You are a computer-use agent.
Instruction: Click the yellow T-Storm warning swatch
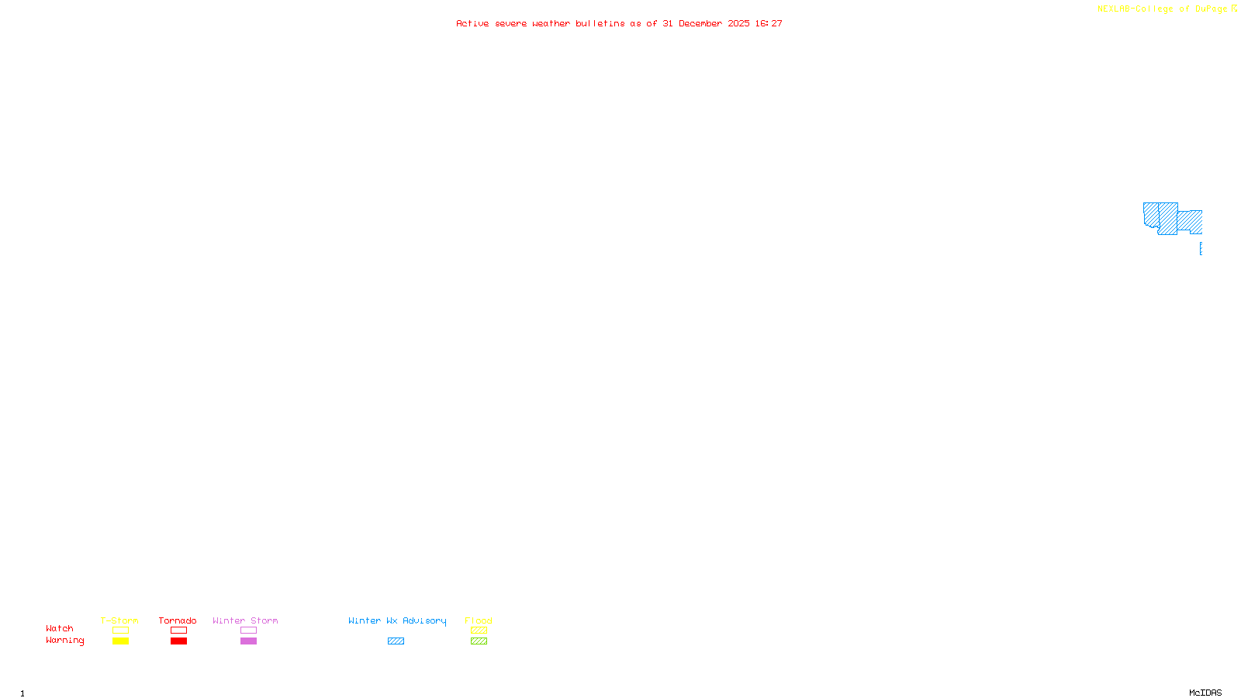click(x=120, y=641)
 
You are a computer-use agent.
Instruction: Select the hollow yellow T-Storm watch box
click(x=120, y=631)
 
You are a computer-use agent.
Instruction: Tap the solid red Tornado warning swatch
click(x=178, y=641)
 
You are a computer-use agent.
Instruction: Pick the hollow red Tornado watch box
click(x=178, y=631)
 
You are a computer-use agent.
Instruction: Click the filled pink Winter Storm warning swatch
click(x=248, y=641)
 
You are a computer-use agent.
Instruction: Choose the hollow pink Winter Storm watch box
click(x=248, y=631)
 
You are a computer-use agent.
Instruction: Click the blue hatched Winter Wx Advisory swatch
click(x=396, y=641)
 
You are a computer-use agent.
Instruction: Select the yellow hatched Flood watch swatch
click(x=479, y=631)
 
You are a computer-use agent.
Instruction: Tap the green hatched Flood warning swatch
click(x=479, y=641)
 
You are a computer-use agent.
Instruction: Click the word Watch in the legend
click(x=60, y=629)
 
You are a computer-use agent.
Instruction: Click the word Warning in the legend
click(x=64, y=641)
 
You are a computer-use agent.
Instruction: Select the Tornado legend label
click(x=178, y=620)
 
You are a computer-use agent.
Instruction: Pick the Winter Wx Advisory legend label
click(x=397, y=620)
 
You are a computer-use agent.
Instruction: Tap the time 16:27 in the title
click(x=769, y=23)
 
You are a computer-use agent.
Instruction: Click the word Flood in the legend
click(x=479, y=620)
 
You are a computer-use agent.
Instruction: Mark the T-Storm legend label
click(x=119, y=620)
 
